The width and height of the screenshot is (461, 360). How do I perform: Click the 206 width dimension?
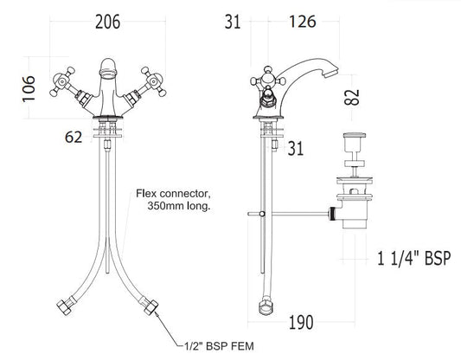click(x=107, y=22)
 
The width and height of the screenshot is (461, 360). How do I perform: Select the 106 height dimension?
click(x=29, y=89)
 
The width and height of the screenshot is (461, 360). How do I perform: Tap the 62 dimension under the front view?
click(x=74, y=138)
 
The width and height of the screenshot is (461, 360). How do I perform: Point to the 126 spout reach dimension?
click(x=303, y=22)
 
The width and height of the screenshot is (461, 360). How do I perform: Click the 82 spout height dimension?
click(x=352, y=97)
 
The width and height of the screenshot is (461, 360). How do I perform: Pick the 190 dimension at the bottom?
click(x=301, y=323)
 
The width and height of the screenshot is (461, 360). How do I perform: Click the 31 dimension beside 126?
click(x=233, y=22)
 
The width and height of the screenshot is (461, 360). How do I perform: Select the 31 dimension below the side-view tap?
click(x=295, y=149)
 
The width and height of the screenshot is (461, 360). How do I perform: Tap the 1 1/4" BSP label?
click(x=414, y=259)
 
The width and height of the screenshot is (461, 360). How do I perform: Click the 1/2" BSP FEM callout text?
click(x=219, y=346)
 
